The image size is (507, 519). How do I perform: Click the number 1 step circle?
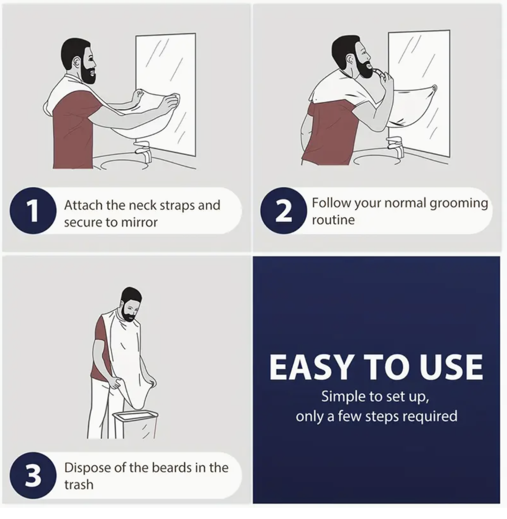pos(33,211)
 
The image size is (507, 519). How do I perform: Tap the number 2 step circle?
pos(283,211)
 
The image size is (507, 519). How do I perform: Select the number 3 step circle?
pos(33,475)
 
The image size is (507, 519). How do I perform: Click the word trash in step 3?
pos(78,484)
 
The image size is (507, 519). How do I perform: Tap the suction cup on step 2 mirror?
pos(434,88)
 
